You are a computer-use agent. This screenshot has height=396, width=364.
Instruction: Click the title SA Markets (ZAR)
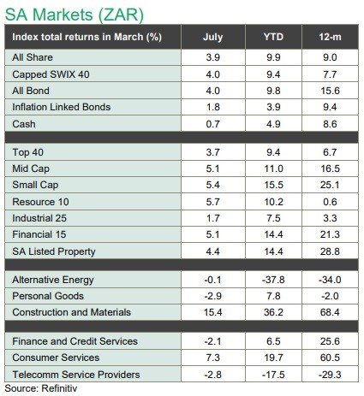click(75, 15)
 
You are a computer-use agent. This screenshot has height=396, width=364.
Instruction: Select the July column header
click(213, 37)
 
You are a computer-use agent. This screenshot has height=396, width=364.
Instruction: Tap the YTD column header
click(273, 37)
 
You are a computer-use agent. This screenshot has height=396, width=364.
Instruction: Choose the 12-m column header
click(330, 37)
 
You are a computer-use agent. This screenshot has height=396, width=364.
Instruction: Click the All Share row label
click(33, 57)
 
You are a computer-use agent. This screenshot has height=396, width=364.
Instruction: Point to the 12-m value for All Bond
click(330, 91)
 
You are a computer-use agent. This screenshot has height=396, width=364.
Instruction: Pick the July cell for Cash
click(213, 124)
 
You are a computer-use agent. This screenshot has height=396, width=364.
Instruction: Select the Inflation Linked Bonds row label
click(62, 107)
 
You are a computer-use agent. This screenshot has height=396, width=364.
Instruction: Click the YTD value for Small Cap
click(273, 185)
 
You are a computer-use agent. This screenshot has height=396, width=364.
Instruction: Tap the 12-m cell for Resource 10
click(330, 202)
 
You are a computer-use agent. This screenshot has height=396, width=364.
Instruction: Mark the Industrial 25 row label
click(39, 218)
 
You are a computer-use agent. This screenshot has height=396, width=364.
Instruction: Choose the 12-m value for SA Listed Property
click(330, 251)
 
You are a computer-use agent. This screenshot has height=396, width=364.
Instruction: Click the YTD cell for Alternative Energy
click(273, 280)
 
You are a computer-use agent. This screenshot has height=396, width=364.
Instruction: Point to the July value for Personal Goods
click(213, 296)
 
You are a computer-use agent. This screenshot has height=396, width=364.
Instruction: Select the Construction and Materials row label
click(71, 312)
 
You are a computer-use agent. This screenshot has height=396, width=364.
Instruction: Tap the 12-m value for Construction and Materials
click(330, 312)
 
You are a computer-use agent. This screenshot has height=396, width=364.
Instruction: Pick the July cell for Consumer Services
click(213, 358)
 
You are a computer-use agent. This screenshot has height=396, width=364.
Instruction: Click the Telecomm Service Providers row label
click(76, 375)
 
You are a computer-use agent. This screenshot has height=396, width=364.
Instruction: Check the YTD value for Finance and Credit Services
click(273, 341)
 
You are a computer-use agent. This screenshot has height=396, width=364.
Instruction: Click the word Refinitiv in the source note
click(59, 388)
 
